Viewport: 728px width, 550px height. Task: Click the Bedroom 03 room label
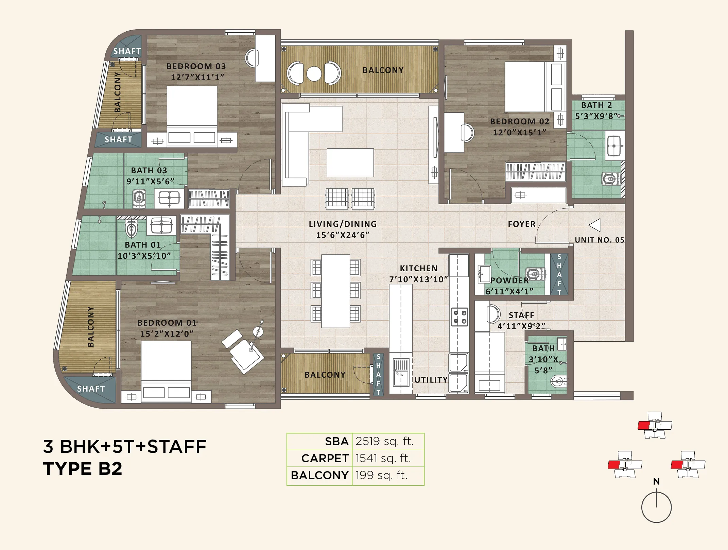coord(196,66)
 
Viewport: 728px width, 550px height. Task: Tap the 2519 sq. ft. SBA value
coord(384,441)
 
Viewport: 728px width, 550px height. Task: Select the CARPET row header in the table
coord(325,458)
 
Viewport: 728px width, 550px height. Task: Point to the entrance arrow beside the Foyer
coord(594,225)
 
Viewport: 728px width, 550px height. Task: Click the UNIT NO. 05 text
coord(600,240)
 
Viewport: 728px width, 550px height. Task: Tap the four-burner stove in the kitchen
coord(459,317)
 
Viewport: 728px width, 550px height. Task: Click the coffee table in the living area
coord(350,162)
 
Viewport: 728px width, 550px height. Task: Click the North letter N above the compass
coord(656,481)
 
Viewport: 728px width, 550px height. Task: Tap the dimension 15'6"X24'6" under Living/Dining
coord(343,235)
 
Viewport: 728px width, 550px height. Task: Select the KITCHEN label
coord(418,268)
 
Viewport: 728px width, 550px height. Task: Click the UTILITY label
coord(431,380)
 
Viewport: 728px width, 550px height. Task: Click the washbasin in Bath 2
coord(614,146)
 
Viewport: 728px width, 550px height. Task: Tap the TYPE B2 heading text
coord(83,468)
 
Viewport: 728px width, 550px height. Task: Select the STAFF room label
coord(521,315)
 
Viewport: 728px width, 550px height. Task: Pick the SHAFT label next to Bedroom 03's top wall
coord(127,51)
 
